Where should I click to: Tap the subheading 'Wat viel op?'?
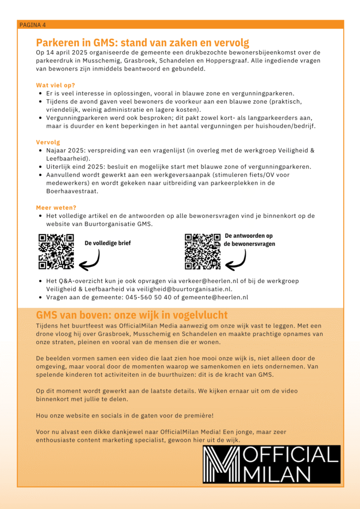click(x=56, y=85)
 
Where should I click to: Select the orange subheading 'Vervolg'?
click(x=48, y=142)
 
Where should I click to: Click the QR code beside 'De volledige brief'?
click(x=56, y=252)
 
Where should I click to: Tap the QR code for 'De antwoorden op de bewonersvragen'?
click(x=202, y=252)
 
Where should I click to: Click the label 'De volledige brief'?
click(x=107, y=243)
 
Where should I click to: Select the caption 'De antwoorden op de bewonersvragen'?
click(x=249, y=240)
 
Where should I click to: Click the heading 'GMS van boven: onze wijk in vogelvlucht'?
click(x=132, y=315)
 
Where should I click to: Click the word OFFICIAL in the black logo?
click(x=290, y=455)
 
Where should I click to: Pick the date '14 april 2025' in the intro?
click(x=68, y=52)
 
